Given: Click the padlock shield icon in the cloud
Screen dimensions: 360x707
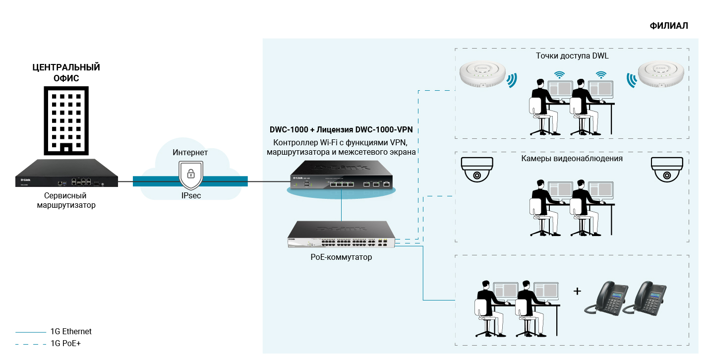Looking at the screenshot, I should point(190,174).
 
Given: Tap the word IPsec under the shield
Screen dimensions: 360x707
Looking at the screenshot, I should point(191,196).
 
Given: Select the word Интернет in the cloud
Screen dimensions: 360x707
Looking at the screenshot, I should point(190,152).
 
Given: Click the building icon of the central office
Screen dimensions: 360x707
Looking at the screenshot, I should point(66,120).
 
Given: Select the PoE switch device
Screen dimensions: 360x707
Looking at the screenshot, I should point(343,236).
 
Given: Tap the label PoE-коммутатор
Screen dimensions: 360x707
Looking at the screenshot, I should point(341,257).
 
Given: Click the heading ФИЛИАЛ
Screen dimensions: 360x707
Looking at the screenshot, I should point(669,26).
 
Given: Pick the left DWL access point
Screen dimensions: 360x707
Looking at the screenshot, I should point(482,74).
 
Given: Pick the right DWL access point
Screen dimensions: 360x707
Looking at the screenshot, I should point(661,74).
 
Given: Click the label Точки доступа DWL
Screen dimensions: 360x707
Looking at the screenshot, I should point(572,56).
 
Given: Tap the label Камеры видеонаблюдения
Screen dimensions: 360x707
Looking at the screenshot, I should point(572,159).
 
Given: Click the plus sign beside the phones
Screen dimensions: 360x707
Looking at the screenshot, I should point(577,291).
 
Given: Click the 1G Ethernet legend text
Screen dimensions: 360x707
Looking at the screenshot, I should point(71,332).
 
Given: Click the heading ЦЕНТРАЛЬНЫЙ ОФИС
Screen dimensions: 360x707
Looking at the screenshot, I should point(66,72).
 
